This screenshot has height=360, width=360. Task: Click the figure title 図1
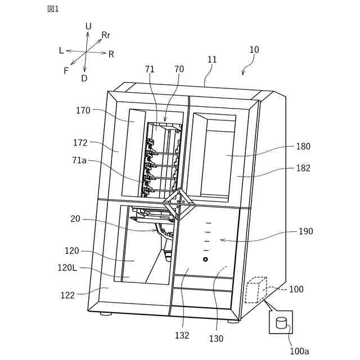click(x=53, y=8)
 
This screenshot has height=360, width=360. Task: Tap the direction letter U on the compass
click(x=88, y=26)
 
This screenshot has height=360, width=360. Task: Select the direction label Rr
click(x=106, y=35)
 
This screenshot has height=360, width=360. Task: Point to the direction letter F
click(x=66, y=71)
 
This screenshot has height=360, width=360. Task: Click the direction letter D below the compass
click(x=84, y=79)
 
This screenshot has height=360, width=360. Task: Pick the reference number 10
click(x=254, y=49)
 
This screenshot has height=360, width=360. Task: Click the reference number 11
click(x=211, y=59)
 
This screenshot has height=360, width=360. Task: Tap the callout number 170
click(x=83, y=111)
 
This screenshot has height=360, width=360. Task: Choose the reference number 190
click(x=306, y=231)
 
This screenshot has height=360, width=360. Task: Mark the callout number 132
click(x=182, y=336)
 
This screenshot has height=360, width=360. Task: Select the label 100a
click(x=299, y=351)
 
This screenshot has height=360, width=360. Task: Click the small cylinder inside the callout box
click(x=281, y=323)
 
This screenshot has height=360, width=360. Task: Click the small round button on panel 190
click(x=205, y=259)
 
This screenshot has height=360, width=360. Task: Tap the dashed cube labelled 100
click(x=256, y=290)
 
